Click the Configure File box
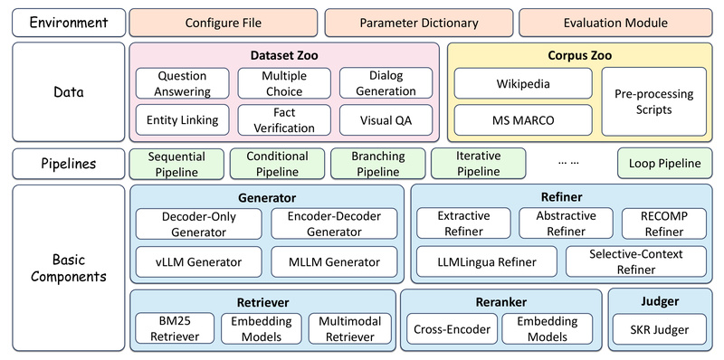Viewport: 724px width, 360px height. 224,22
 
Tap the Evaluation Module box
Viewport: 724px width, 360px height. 614,22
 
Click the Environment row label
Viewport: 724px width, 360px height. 68,22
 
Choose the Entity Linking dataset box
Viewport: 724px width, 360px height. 182,119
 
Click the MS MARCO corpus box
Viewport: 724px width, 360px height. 522,119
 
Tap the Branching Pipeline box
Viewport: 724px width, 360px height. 374,164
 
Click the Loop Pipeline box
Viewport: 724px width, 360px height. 663,164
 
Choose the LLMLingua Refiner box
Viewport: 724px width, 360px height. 487,262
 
